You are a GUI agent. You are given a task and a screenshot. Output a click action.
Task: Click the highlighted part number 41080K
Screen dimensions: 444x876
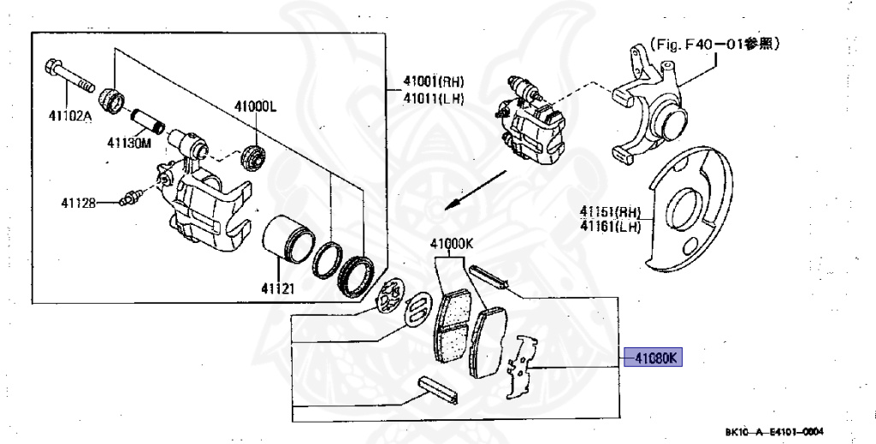coord(655,358)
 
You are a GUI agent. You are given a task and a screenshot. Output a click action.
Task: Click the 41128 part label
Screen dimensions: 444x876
coord(80,203)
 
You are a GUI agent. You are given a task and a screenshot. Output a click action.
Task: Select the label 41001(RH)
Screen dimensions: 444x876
coord(434,82)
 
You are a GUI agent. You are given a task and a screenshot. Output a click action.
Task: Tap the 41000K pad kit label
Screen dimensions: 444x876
coord(452,243)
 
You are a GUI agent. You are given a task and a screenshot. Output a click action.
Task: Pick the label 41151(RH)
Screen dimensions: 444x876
coord(610,212)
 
